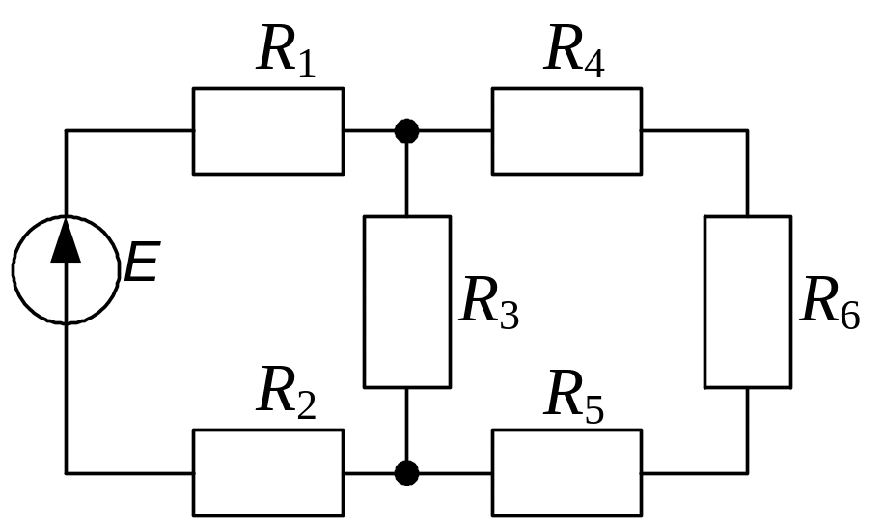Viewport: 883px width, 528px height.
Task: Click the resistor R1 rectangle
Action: click(x=267, y=130)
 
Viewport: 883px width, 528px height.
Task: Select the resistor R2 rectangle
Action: click(x=267, y=472)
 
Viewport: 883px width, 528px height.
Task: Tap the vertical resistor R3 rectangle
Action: click(x=406, y=301)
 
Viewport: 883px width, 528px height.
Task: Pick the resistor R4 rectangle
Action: click(x=566, y=130)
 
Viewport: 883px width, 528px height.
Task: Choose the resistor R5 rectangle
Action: click(x=566, y=472)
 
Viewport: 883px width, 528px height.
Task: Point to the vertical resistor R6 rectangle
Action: click(x=747, y=301)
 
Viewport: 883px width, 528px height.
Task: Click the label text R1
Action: click(x=287, y=50)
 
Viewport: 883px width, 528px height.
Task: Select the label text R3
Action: click(x=489, y=302)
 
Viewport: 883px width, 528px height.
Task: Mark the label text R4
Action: click(x=575, y=50)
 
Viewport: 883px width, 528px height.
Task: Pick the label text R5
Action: click(x=575, y=396)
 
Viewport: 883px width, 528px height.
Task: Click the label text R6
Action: click(x=831, y=302)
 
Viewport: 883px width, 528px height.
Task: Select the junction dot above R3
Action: click(x=407, y=130)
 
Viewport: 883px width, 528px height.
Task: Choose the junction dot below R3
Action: click(x=407, y=472)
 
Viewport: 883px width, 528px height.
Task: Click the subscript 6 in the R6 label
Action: click(x=849, y=316)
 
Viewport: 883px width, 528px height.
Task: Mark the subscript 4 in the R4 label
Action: click(x=594, y=63)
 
